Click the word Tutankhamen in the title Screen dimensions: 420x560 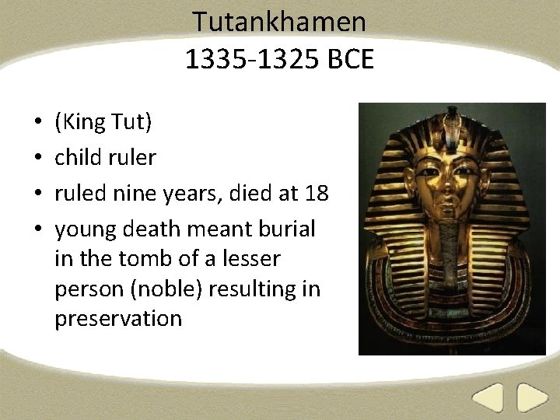279,21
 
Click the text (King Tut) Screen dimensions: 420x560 103,122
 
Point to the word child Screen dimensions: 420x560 78,158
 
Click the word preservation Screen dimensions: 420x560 118,318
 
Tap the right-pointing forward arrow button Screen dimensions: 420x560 534,399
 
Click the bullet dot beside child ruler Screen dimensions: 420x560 37,159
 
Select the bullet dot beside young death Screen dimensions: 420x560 37,230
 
